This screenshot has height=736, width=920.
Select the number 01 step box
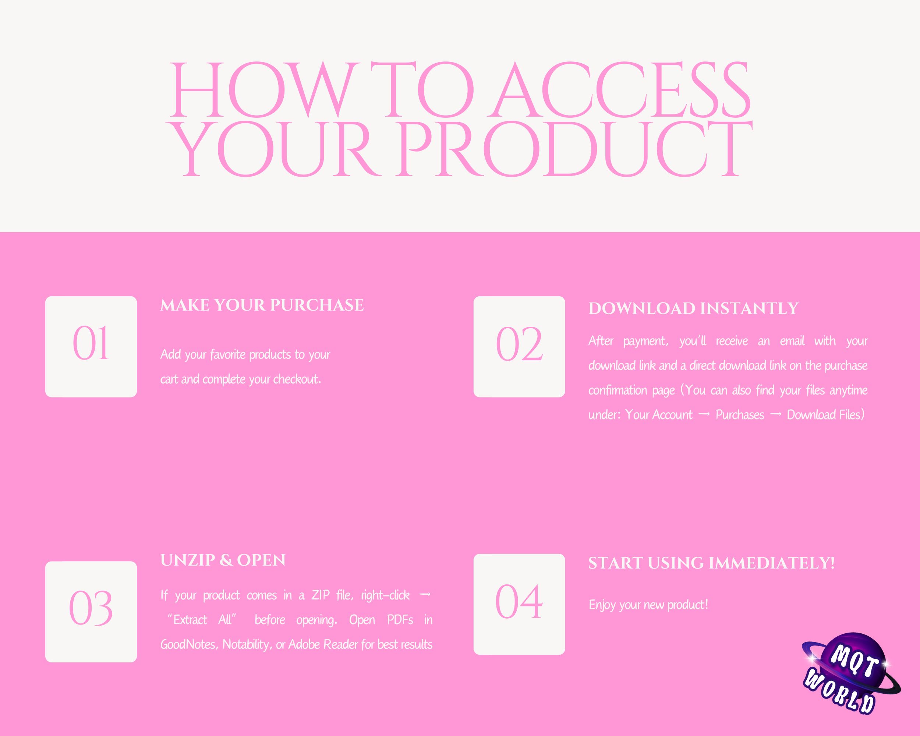tap(91, 346)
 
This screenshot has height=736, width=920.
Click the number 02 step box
tap(519, 346)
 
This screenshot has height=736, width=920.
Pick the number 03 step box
tap(91, 611)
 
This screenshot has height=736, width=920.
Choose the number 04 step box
tap(519, 604)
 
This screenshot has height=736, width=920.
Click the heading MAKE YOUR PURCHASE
tap(262, 305)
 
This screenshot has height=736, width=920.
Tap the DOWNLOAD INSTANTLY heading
tap(693, 308)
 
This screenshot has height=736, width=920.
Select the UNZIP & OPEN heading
tap(223, 560)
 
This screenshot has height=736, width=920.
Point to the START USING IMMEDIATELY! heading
tap(711, 563)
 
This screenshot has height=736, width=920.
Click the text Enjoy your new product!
tap(648, 605)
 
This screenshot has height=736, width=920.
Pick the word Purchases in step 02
tap(740, 415)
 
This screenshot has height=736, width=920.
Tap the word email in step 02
tap(792, 341)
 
